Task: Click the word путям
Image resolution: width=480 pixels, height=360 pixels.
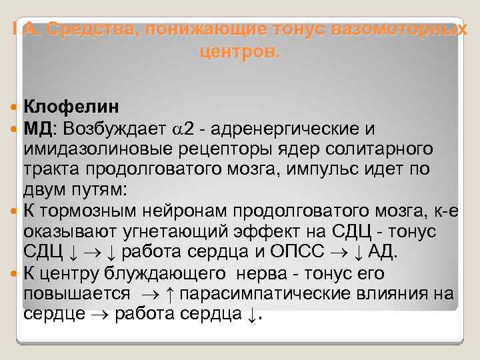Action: (x=101, y=189)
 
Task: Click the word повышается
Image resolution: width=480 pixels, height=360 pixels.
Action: (x=77, y=293)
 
